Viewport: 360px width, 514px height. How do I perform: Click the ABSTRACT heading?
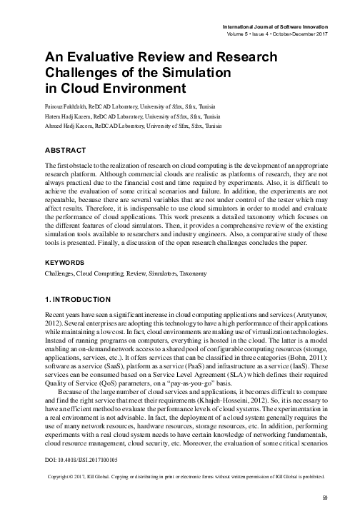tap(66, 151)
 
